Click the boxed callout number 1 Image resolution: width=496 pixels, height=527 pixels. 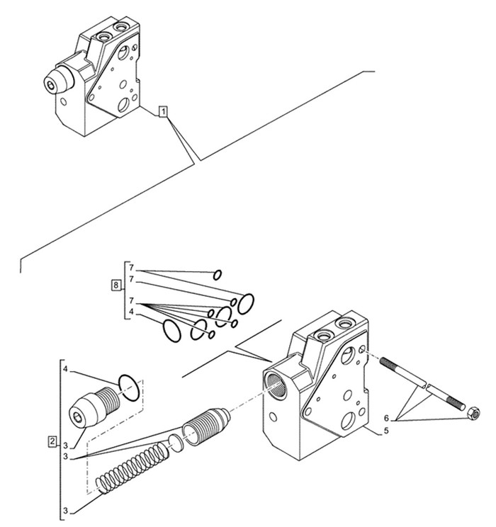coord(163,111)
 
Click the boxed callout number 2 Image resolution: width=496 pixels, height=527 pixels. coord(52,441)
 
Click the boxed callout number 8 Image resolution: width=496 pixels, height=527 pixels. coord(116,285)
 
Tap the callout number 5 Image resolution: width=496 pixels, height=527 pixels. coord(386,430)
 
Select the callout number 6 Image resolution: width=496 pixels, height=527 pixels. coord(386,419)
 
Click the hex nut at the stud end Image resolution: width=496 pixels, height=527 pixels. coord(474,414)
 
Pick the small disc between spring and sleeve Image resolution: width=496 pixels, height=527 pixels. coord(176,441)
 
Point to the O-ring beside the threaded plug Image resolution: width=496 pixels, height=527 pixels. coord(129,387)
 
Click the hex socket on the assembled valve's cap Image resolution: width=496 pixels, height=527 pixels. coord(51,86)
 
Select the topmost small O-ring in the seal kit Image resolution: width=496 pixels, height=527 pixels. coord(218,275)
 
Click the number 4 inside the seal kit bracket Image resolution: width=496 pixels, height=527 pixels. coord(132,312)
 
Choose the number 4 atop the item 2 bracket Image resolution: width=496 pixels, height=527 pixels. coord(66,369)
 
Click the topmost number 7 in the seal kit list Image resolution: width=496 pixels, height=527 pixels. coord(132,268)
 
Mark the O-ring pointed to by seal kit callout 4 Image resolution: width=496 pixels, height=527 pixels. coord(172,331)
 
